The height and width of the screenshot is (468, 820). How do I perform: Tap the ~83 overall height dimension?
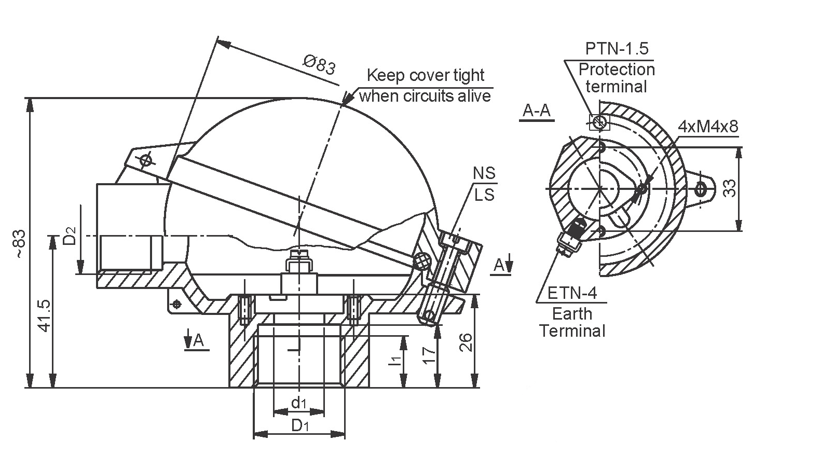[x=19, y=243]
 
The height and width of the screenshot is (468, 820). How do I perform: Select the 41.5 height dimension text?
[x=44, y=315]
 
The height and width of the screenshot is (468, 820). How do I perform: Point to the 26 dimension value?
[x=467, y=342]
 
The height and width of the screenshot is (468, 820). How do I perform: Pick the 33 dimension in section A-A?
[x=730, y=188]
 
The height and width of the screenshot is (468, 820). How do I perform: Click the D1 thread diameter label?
[x=300, y=426]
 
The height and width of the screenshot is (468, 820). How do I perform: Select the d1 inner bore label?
[x=298, y=403]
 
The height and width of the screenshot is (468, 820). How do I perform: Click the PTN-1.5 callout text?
[x=617, y=49]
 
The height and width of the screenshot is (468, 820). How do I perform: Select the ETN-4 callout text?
[x=572, y=294]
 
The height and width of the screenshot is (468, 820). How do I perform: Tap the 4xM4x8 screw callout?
[x=708, y=127]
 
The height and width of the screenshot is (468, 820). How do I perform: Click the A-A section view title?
[x=537, y=111]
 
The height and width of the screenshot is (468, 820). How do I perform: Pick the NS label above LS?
[x=484, y=173]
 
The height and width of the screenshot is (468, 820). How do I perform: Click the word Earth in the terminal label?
[x=572, y=314]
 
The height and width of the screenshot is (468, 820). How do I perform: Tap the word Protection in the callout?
[x=617, y=70]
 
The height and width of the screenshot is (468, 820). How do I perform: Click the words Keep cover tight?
[x=425, y=76]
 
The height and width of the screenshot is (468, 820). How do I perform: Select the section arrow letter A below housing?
[x=198, y=341]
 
